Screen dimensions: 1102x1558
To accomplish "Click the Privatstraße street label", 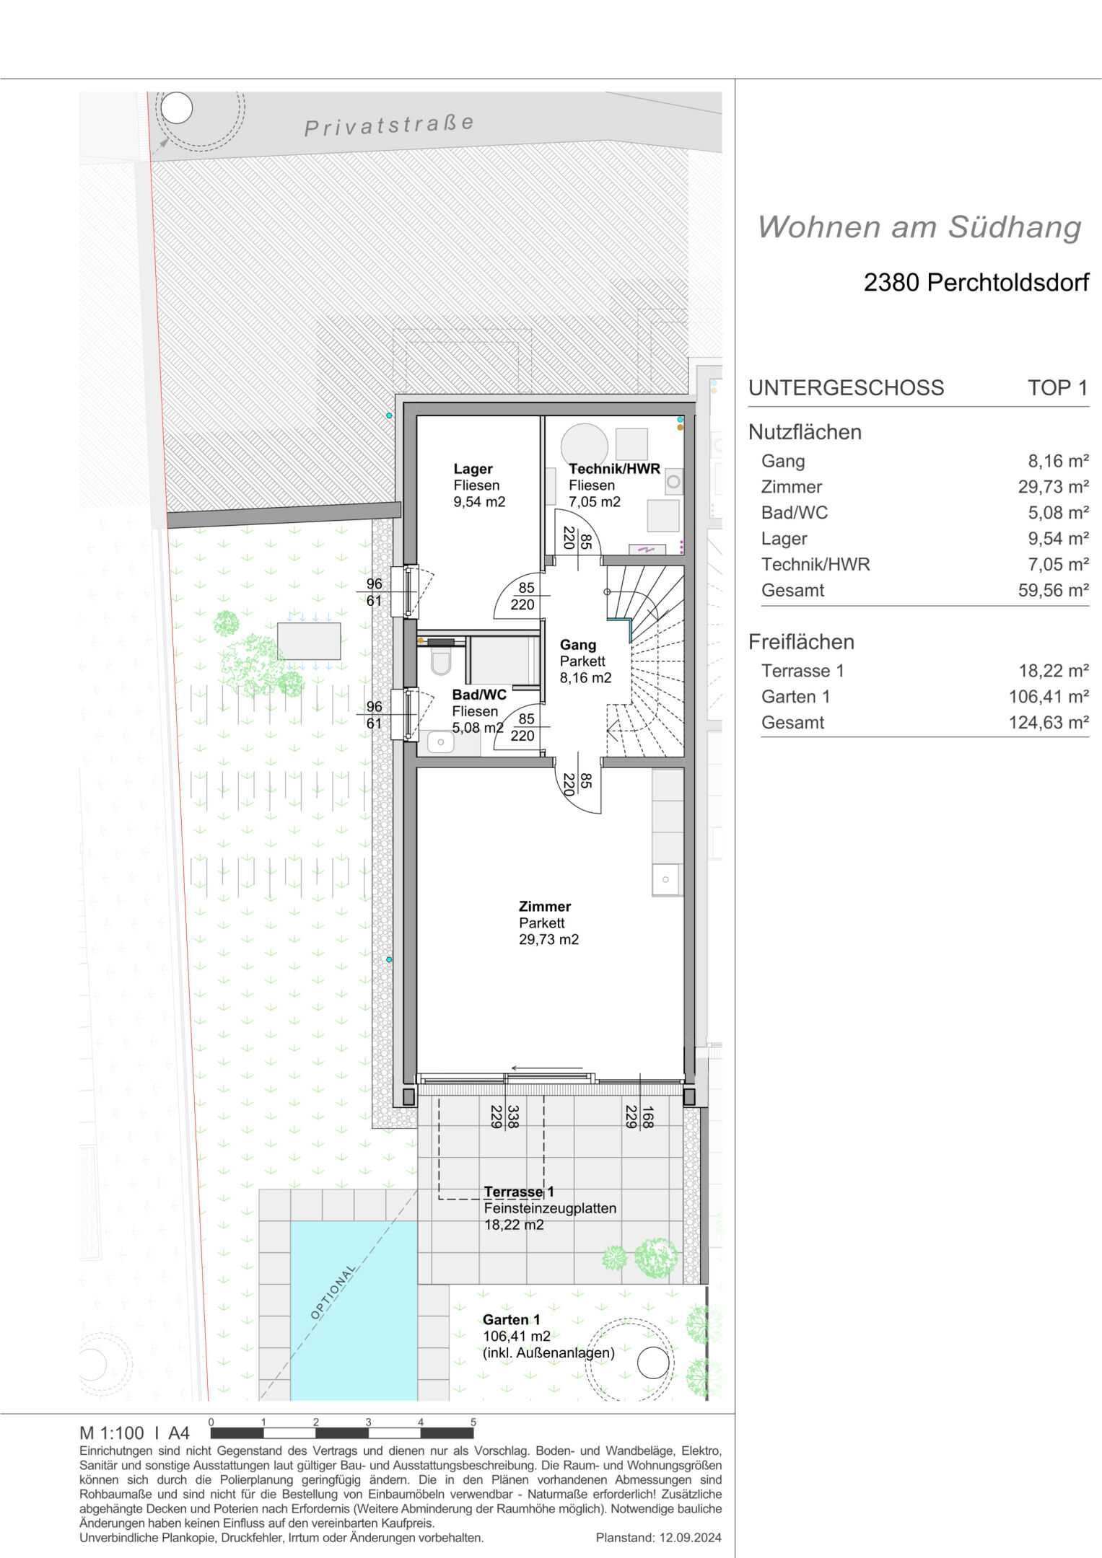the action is coord(389,125).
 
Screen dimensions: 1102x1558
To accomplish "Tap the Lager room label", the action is coord(473,469).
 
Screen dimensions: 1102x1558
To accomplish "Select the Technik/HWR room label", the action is coord(614,469).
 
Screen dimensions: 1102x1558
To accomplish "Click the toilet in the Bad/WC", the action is coord(441,661).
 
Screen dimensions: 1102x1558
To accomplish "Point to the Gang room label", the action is coord(578,645).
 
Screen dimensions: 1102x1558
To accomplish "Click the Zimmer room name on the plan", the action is coord(545,907).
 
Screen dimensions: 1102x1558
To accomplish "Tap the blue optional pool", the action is coord(354,1310).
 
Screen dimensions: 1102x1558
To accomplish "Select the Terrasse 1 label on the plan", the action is coord(519,1192).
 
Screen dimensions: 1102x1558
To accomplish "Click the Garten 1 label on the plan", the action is coord(512,1319).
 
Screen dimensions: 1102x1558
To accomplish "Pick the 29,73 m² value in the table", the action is coord(1053,487).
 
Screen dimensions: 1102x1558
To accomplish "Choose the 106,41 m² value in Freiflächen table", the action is coord(1049,697).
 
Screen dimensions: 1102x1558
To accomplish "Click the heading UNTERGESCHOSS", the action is coord(846,388).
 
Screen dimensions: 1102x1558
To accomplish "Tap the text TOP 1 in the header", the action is coord(1058,388).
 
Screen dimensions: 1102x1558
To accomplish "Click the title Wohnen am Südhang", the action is coord(919,226).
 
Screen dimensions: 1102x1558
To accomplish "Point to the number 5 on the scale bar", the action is coord(473,1422).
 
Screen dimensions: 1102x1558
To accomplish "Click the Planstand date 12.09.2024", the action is coord(690,1538).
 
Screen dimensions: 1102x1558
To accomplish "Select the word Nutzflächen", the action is coord(805,432).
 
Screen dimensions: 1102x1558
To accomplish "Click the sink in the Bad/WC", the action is coord(440,742).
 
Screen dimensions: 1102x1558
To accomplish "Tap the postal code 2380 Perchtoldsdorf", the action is coord(976,282).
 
